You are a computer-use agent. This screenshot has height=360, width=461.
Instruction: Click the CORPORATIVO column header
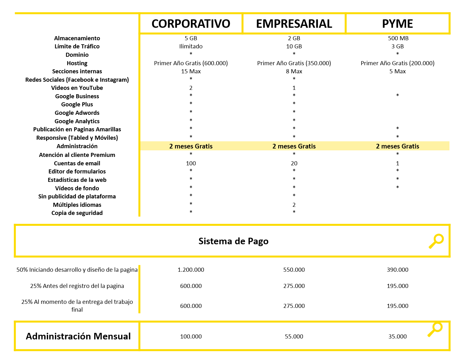[x=191, y=24]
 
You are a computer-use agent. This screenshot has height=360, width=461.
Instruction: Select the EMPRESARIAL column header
[x=294, y=24]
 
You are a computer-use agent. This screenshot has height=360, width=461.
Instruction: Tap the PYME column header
[x=397, y=24]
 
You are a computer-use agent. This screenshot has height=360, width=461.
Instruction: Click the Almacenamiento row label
[x=77, y=38]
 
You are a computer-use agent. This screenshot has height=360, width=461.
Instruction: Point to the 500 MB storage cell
[x=398, y=38]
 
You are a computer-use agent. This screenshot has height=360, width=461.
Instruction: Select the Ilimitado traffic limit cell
[x=191, y=46]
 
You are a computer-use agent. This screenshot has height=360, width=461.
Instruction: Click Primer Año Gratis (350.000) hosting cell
[x=294, y=63]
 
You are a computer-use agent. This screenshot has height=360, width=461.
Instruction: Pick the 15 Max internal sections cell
[x=191, y=71]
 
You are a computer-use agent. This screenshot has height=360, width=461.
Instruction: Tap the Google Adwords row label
[x=77, y=113]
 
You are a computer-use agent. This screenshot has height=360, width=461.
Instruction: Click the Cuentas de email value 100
[x=191, y=163]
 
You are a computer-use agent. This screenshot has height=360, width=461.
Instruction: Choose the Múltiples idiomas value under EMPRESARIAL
[x=294, y=205]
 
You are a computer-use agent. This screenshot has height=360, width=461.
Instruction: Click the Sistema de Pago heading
[x=233, y=241]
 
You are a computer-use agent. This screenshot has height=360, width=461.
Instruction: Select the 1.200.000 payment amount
[x=191, y=270]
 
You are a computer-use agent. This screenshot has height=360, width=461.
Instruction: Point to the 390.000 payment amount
[x=397, y=270]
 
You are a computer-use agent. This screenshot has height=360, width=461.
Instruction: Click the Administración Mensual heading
[x=78, y=336]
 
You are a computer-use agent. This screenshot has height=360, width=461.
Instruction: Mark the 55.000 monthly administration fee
[x=294, y=336]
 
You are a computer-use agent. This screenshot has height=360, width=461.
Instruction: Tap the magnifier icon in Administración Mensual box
[x=435, y=329]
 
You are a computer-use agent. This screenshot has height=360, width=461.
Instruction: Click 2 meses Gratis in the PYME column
[x=397, y=146]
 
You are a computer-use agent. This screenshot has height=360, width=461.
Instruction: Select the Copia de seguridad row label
[x=77, y=213]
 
